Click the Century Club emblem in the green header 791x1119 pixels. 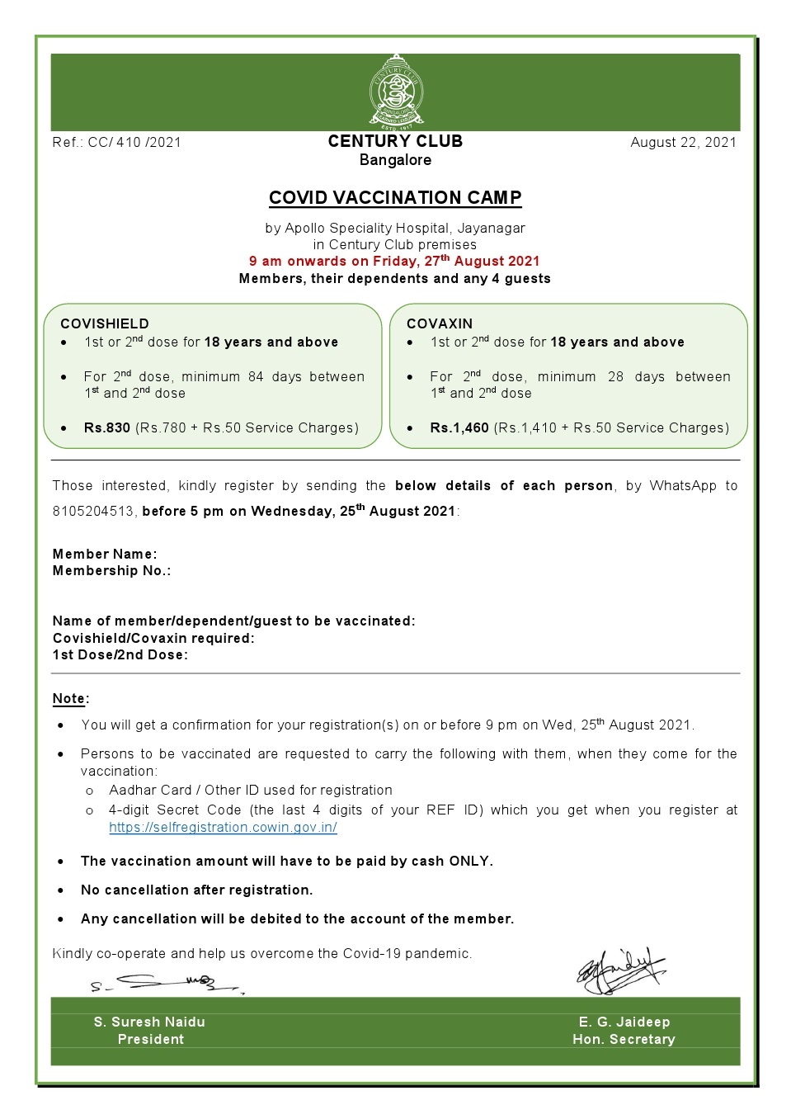tap(396, 92)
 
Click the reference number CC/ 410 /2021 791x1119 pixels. tap(134, 142)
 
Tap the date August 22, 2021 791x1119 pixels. tap(683, 142)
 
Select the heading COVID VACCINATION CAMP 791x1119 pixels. tap(395, 198)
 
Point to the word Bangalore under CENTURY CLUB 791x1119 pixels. tap(395, 160)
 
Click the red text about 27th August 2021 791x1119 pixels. tap(394, 261)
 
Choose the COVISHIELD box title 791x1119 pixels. tap(105, 323)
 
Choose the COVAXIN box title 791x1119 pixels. tap(440, 323)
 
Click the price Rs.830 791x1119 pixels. tap(107, 427)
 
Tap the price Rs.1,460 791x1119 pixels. tap(459, 427)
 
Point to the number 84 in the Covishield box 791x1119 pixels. tap(256, 376)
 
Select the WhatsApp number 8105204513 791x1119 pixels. tap(93, 511)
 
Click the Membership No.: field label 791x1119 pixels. tap(111, 570)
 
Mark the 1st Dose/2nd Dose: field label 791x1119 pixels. tap(120, 654)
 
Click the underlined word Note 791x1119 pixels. tap(69, 698)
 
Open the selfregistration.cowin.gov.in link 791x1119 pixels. tap(223, 827)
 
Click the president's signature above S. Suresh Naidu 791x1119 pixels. tap(165, 983)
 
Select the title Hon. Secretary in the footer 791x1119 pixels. tap(624, 1039)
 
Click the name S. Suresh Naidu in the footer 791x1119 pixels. tap(149, 1022)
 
